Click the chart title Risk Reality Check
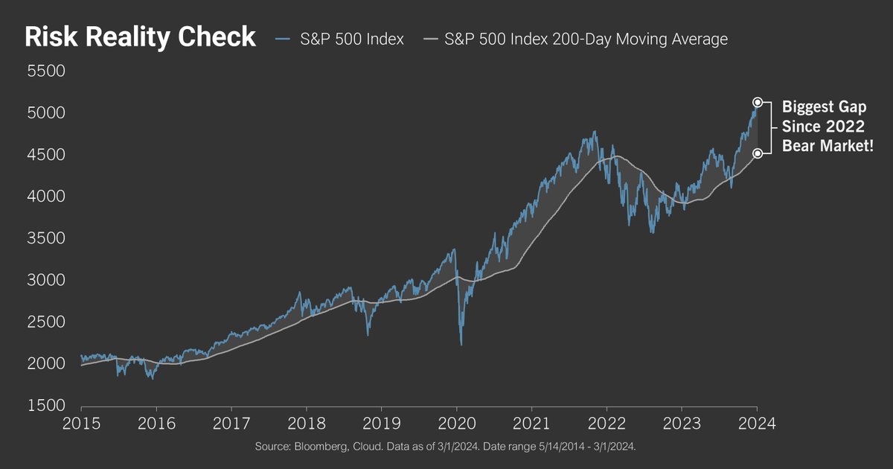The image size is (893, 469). point(141,38)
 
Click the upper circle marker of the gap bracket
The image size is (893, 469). point(757,102)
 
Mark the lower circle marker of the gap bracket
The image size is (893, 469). point(757,153)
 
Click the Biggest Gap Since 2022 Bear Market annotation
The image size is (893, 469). point(827,127)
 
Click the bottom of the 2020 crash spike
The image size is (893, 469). point(461,344)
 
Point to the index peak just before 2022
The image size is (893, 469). point(594,132)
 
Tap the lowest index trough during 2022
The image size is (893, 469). point(653,233)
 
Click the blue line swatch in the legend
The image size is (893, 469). point(284,39)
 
